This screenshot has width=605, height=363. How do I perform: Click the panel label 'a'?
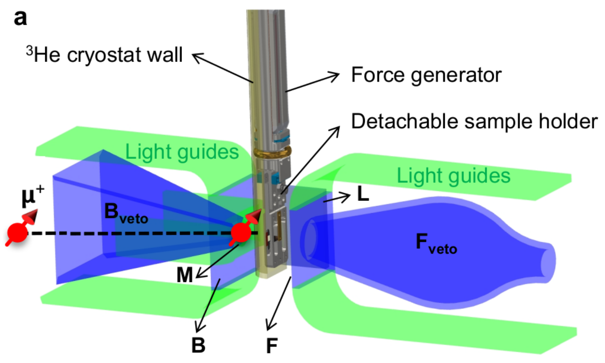[x=20, y=18]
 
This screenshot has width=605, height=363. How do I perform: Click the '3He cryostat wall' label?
[x=104, y=55]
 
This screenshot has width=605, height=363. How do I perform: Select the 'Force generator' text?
[x=426, y=75]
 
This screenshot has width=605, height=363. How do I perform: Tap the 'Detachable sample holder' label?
[x=474, y=122]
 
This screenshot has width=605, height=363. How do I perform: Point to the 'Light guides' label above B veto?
[x=182, y=152]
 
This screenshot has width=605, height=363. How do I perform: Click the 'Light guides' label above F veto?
[x=453, y=176]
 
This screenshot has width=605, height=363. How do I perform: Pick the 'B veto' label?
[x=125, y=213]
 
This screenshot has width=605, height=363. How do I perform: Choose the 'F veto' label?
[x=436, y=243]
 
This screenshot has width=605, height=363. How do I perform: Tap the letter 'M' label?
[x=185, y=275]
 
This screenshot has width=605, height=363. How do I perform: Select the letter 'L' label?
[x=363, y=194]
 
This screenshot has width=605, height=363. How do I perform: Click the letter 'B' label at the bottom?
[x=198, y=345]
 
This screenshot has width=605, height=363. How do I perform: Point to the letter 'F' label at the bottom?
[x=272, y=346]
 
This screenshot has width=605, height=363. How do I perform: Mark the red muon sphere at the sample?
[x=241, y=233]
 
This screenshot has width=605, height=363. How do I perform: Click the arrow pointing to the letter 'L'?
[x=336, y=198]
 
